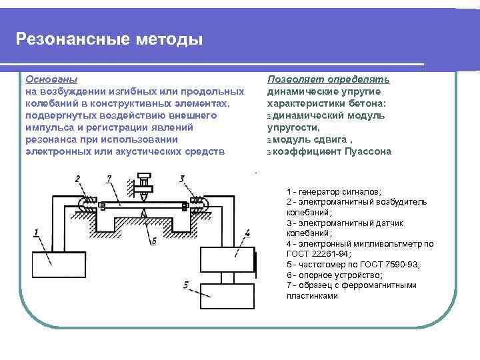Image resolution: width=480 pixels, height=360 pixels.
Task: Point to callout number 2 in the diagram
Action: (78, 179)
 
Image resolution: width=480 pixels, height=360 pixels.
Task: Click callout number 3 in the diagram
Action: (182, 178)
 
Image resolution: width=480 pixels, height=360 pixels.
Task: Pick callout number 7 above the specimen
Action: (109, 178)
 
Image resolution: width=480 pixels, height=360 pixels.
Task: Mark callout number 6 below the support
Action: (154, 241)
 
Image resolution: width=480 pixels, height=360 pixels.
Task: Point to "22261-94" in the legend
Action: (327, 254)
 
